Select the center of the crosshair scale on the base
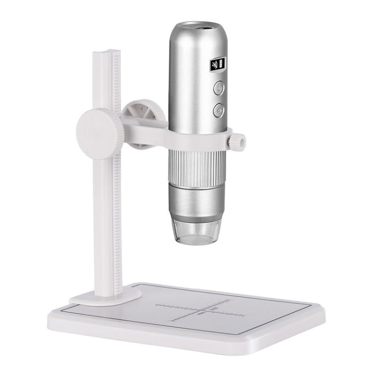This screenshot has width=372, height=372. click(201, 307)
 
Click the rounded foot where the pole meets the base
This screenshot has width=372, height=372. click(104, 296)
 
